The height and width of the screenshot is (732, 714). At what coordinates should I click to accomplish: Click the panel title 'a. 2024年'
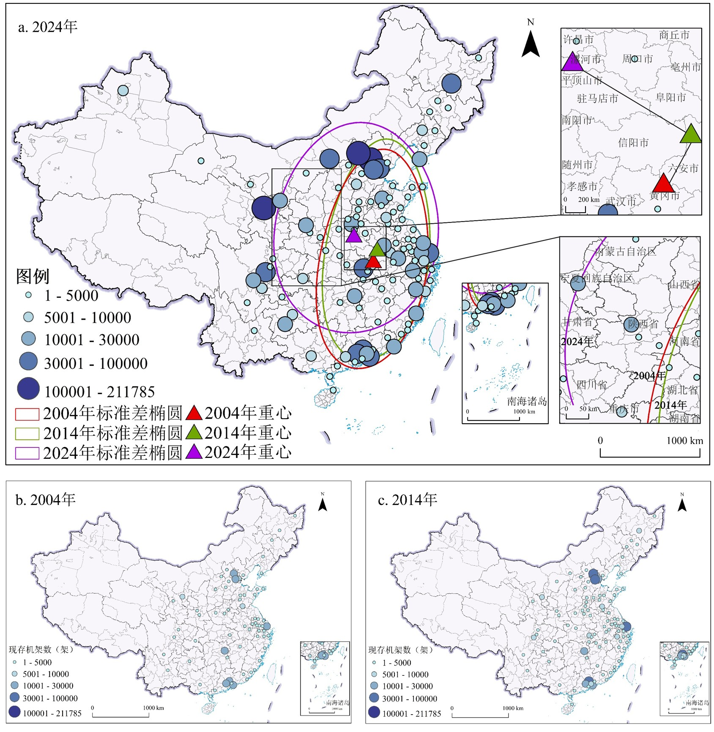click(47, 27)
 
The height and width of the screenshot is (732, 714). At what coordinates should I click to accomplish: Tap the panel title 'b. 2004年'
click(45, 500)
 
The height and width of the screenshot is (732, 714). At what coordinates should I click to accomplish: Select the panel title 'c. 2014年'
click(408, 500)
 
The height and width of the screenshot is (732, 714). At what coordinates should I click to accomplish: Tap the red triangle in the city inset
click(663, 184)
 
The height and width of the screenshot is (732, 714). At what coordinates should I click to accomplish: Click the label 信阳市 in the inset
click(633, 143)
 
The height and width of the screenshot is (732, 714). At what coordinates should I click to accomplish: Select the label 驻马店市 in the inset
click(597, 99)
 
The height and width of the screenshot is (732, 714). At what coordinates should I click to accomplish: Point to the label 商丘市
click(674, 35)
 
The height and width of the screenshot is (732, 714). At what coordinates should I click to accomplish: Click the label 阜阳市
click(670, 98)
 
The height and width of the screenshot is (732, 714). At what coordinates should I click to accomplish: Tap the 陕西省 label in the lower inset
click(643, 324)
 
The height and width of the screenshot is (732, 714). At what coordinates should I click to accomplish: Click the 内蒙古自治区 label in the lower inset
click(625, 252)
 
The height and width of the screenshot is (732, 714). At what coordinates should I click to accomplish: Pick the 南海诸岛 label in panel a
click(527, 401)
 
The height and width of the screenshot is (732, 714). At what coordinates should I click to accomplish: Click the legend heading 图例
click(33, 277)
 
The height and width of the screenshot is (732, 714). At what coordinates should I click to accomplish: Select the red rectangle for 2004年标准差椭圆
click(27, 414)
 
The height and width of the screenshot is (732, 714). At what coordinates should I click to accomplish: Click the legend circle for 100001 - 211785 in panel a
click(29, 389)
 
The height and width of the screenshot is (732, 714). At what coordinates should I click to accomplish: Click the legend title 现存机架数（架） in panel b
click(41, 649)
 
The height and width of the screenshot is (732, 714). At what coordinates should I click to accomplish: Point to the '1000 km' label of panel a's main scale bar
click(684, 441)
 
